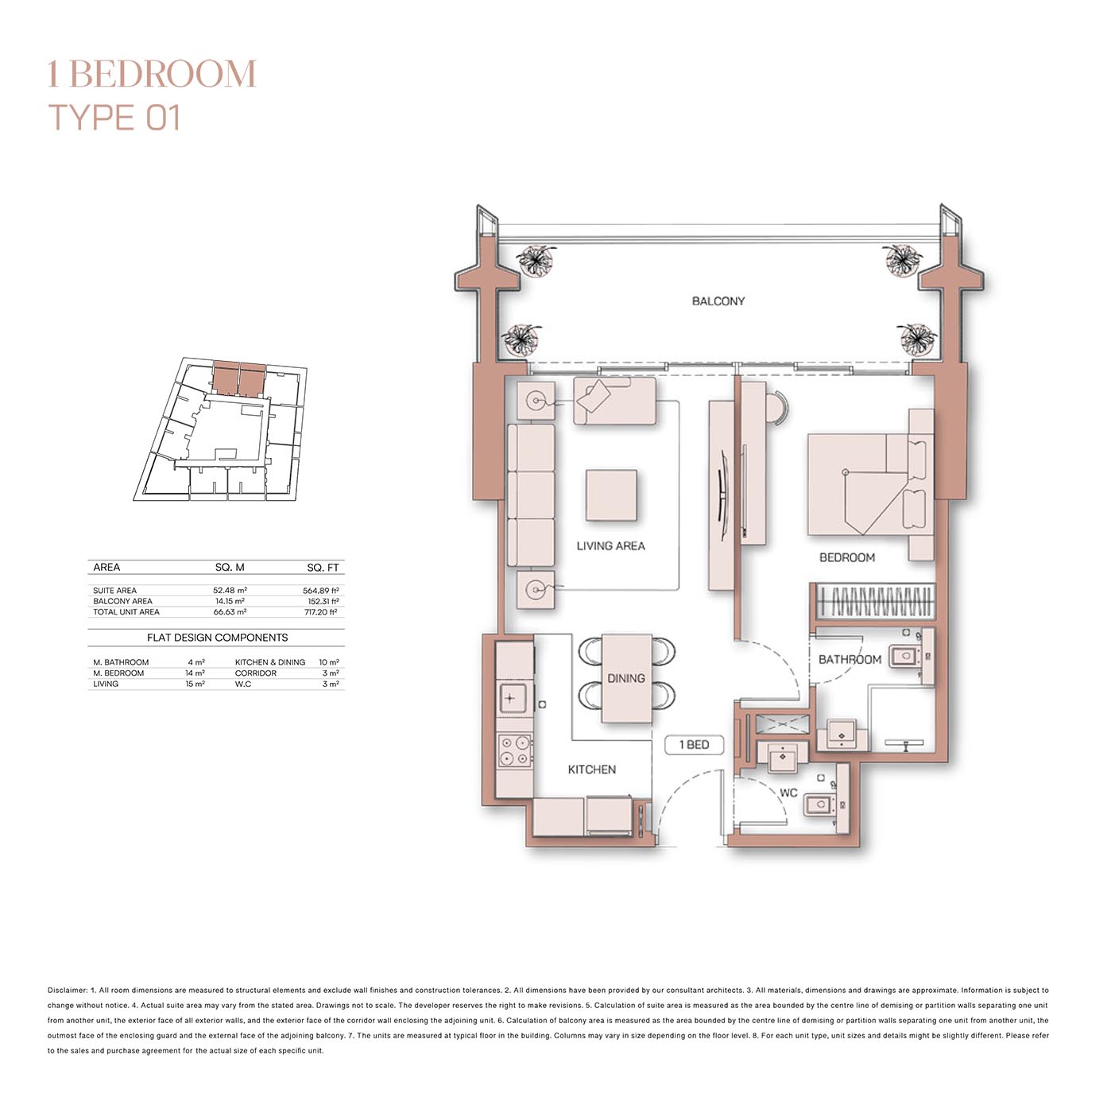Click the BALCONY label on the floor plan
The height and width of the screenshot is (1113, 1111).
(718, 301)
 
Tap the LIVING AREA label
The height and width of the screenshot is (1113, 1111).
(610, 546)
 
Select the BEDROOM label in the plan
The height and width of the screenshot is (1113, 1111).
(846, 558)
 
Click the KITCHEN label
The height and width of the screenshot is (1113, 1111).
(591, 770)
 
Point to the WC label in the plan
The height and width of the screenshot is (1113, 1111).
(788, 793)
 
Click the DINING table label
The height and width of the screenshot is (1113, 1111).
(625, 678)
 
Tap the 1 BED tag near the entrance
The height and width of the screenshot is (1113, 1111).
(694, 745)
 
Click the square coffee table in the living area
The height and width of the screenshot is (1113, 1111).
(611, 495)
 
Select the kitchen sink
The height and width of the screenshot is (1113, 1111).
(510, 698)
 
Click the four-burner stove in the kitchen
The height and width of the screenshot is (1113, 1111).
(513, 750)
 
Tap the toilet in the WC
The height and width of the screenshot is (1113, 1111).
(820, 805)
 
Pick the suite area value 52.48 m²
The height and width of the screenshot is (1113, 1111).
(230, 591)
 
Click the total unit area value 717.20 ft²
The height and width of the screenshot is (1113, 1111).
(321, 612)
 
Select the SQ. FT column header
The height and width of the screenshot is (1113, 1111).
(323, 568)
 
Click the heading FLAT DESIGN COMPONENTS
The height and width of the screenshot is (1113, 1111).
(217, 638)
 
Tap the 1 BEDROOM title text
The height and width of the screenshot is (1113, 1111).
(151, 74)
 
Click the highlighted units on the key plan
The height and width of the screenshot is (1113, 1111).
(238, 378)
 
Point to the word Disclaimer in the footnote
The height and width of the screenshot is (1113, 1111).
(68, 991)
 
